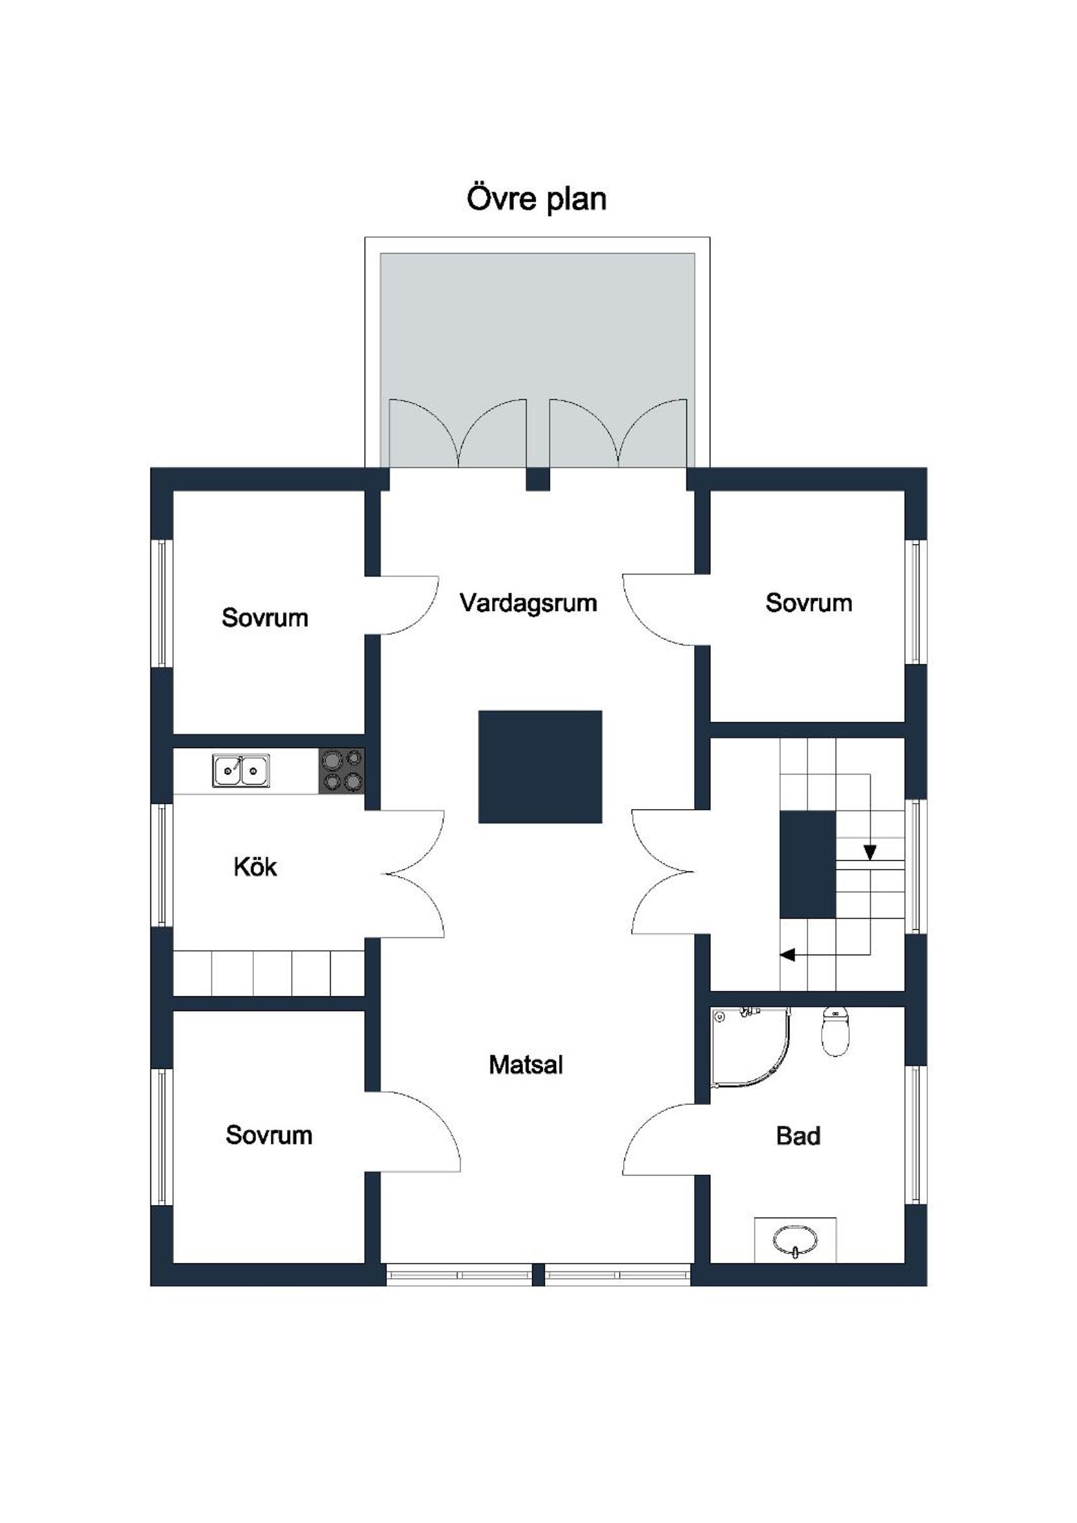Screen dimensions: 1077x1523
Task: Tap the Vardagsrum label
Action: [x=529, y=603]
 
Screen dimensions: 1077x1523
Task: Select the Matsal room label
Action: [x=526, y=1064]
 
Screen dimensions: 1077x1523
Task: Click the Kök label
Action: [x=255, y=867]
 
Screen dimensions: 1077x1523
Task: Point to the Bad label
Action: [x=798, y=1135]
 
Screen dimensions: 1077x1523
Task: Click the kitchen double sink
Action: [x=241, y=770]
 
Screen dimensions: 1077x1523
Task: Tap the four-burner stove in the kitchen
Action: [x=342, y=771]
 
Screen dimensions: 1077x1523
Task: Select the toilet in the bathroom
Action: [x=835, y=1031]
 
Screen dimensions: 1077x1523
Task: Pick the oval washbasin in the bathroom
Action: [x=795, y=1239]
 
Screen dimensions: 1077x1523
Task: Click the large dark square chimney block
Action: [x=540, y=767]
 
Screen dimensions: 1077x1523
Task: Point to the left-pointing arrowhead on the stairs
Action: [x=787, y=955]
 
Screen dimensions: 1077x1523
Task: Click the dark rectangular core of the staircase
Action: [x=807, y=865]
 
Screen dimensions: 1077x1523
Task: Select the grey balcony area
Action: [x=537, y=360]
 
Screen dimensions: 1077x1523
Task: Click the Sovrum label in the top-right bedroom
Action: [x=809, y=603]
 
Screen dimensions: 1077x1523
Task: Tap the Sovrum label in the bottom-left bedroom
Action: [x=268, y=1135]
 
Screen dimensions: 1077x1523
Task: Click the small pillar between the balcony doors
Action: [x=538, y=479]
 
